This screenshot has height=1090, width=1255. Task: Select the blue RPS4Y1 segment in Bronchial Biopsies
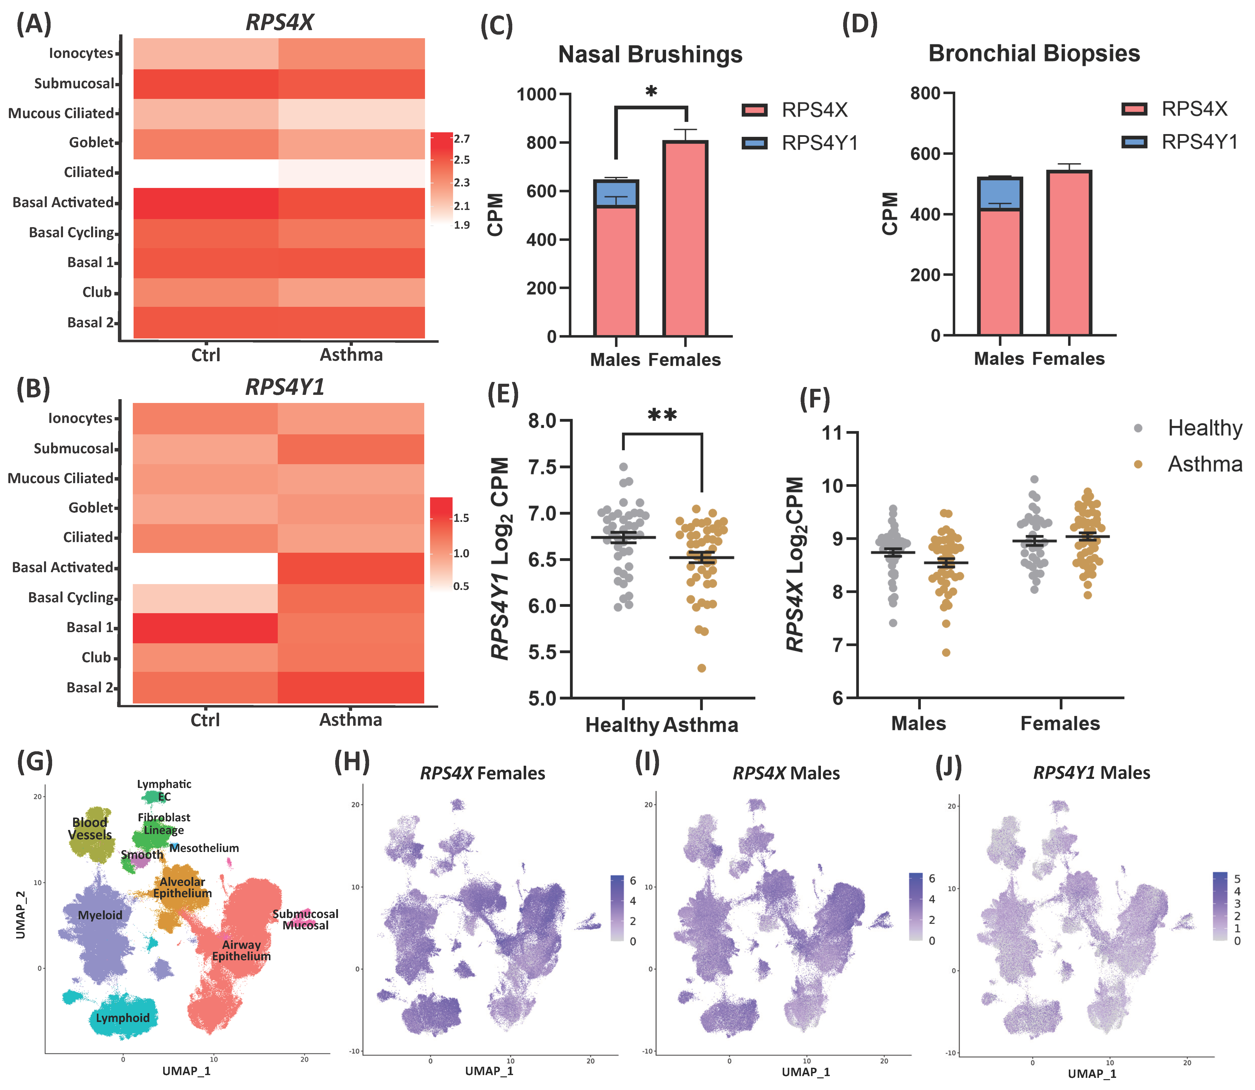coord(999,194)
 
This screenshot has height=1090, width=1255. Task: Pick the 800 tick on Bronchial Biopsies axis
coord(925,94)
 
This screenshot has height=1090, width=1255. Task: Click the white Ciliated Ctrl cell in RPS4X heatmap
coord(206,173)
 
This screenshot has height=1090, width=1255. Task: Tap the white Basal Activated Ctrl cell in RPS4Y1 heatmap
coord(205,567)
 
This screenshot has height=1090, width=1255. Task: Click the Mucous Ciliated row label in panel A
coord(61,113)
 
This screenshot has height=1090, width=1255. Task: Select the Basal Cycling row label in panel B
coord(71,597)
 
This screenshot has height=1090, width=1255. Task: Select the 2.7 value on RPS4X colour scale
coord(462,139)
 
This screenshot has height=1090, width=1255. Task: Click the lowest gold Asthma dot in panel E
coord(701,668)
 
